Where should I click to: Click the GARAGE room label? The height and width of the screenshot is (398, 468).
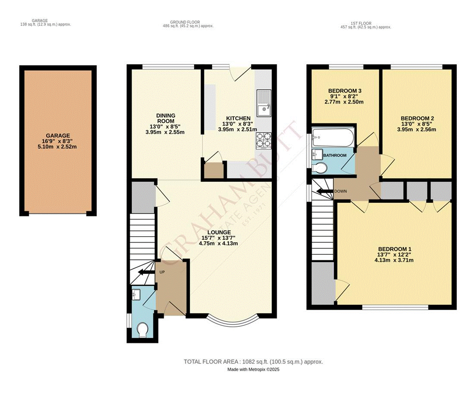pos(58,135)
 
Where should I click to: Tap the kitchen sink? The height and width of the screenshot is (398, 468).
pos(263,104)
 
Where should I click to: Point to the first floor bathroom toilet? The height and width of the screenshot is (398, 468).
pos(320,167)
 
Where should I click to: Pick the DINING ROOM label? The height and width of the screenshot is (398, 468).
pos(166,118)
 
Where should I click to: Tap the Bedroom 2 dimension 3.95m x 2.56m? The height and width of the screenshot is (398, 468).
pos(417,130)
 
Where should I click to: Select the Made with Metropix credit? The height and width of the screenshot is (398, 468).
pos(254,370)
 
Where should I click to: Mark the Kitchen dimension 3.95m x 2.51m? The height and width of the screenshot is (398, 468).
pos(237,130)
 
